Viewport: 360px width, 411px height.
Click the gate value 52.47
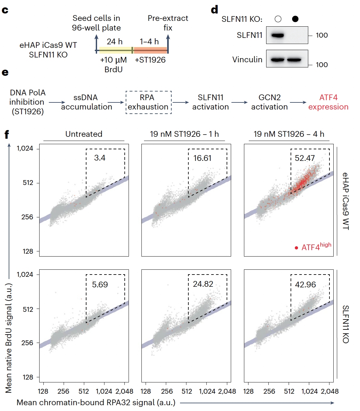305,158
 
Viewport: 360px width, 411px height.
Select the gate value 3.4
100,158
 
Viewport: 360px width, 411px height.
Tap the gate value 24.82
203,284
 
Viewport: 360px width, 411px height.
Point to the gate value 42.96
305,284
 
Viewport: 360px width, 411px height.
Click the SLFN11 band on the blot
277,35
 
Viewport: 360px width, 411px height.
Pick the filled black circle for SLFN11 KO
295,19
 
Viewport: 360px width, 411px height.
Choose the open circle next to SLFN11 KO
278,19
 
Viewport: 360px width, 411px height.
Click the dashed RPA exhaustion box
148,102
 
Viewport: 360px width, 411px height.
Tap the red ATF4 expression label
328,102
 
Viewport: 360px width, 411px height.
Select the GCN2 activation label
269,102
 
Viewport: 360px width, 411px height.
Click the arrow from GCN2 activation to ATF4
298,102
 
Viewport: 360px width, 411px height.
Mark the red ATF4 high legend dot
296,248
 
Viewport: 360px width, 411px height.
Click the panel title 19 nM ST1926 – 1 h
184,134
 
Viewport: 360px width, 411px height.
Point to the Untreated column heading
84,134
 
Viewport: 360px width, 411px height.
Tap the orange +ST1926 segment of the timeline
150,50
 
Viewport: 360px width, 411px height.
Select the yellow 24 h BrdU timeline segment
115,50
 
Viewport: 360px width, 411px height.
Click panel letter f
6,134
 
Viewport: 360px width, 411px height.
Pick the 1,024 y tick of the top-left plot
25,148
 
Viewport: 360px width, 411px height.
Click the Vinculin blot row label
247,59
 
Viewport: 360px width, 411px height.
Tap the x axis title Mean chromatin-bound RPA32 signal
96,403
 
